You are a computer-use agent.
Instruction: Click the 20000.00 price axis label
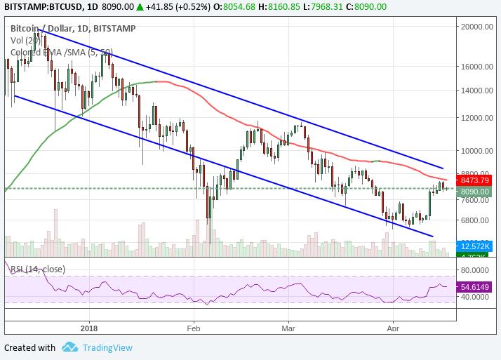(475, 27)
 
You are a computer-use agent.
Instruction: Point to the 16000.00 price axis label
(475, 67)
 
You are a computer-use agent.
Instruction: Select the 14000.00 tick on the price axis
(475, 91)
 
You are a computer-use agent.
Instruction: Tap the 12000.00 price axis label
(475, 118)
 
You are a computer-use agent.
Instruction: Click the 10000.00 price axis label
(475, 150)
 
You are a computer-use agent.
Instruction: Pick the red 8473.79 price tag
(475, 180)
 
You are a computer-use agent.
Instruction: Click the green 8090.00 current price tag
(475, 191)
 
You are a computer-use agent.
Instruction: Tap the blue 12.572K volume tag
(475, 246)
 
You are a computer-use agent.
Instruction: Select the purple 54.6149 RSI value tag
(475, 287)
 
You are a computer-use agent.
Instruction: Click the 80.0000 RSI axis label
(475, 269)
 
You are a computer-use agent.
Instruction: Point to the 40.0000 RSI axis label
(475, 297)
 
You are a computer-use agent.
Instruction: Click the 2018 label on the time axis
(90, 327)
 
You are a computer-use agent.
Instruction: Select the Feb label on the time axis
(194, 327)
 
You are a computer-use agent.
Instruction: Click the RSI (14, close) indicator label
(38, 269)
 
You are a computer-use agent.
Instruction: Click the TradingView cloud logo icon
(69, 347)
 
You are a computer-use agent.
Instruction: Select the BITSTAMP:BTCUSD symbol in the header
(44, 6)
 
